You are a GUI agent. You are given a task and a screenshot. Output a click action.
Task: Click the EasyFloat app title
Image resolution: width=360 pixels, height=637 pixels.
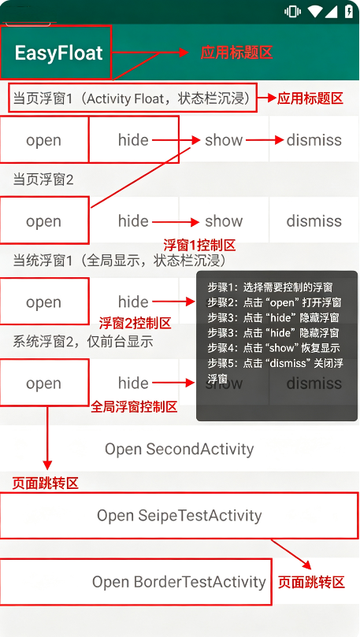(x=58, y=54)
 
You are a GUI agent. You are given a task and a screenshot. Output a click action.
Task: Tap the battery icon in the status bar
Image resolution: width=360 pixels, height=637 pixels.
(x=349, y=11)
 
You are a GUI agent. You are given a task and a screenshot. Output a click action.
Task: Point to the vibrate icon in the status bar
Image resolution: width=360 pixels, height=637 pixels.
(x=292, y=11)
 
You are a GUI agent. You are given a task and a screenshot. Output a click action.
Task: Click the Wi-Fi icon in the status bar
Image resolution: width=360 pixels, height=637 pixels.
(x=315, y=11)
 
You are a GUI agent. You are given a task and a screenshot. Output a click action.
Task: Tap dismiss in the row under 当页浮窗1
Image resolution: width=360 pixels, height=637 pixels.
(x=314, y=140)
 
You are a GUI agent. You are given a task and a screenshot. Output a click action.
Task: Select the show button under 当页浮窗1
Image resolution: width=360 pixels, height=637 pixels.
(x=224, y=140)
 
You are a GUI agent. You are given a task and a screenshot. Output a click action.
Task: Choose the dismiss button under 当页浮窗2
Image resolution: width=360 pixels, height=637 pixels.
(x=314, y=221)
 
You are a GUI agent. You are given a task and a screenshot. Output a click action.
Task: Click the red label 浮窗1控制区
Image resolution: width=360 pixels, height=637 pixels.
(x=199, y=246)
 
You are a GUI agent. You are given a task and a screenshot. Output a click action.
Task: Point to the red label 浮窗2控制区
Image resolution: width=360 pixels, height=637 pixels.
(x=135, y=324)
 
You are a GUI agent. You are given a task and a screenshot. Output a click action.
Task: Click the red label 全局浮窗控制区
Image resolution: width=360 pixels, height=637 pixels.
(x=134, y=406)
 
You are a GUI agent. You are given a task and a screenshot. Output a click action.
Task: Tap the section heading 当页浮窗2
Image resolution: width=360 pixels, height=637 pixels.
(x=43, y=180)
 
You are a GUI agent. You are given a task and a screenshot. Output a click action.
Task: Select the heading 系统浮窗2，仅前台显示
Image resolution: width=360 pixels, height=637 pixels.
(x=83, y=342)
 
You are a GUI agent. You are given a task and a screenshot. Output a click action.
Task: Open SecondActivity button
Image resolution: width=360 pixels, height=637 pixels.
(x=179, y=449)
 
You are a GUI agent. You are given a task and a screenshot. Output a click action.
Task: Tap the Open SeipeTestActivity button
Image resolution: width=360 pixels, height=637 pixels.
(x=179, y=516)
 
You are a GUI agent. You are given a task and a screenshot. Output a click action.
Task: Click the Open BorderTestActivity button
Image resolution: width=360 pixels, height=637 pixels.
(x=179, y=582)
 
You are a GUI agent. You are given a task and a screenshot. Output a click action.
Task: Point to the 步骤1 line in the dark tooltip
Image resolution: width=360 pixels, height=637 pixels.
(x=270, y=287)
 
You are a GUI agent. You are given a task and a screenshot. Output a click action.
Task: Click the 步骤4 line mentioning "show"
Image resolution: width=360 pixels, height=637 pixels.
(x=274, y=348)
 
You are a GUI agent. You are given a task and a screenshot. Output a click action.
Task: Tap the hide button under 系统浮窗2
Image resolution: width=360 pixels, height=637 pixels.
(x=133, y=383)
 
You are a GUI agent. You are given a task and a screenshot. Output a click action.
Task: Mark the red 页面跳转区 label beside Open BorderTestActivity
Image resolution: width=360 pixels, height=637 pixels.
(x=311, y=583)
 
